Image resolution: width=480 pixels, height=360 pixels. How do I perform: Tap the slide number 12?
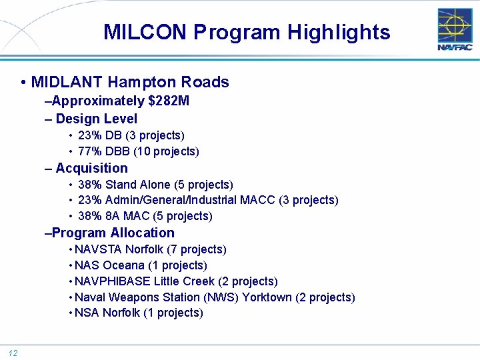13,353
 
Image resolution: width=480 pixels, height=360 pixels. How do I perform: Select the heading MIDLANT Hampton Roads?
130,82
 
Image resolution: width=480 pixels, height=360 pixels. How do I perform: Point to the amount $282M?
169,101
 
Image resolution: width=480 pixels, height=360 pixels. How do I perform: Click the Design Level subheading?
96,119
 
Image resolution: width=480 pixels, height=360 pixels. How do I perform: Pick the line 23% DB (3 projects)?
131,135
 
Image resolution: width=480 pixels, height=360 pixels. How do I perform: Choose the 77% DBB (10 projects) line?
138,151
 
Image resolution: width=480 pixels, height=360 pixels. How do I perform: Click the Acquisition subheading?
91,168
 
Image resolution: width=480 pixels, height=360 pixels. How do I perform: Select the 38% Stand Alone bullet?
155,185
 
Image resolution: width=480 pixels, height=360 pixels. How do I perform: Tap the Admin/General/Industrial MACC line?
207,200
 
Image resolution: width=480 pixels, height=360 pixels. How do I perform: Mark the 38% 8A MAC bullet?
145,216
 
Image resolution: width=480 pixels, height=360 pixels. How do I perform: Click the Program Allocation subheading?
113,233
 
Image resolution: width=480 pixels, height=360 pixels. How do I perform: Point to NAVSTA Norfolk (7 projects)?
151,249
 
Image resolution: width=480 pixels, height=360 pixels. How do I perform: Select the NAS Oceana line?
141,265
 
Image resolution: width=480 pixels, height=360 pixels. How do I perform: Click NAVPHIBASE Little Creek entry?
176,281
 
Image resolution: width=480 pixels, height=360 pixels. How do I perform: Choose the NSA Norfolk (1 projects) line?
139,313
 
